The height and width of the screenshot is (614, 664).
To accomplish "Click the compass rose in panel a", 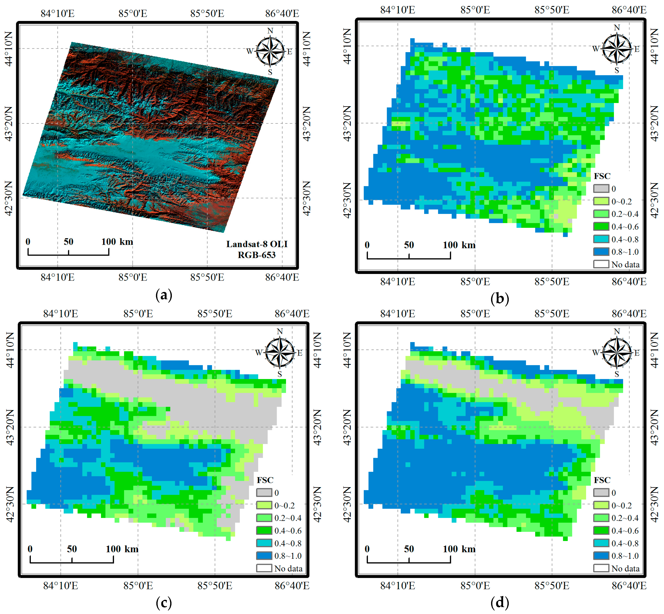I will point(270,51).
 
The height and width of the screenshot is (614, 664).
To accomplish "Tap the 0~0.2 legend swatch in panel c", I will point(264,505).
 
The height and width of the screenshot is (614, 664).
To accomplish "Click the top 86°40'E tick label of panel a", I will point(282,14).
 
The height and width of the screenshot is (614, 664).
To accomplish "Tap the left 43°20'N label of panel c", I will point(10,427).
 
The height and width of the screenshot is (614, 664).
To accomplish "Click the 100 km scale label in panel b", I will point(459,245).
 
